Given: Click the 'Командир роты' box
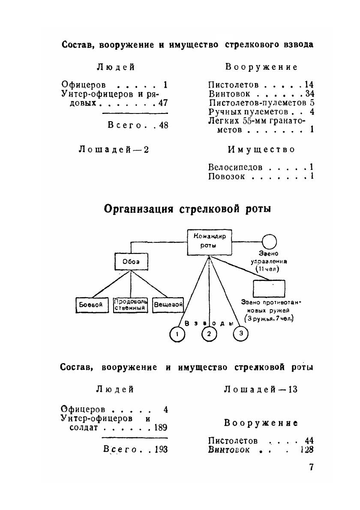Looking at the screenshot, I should point(210,242).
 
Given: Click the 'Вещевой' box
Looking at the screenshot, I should point(168,305).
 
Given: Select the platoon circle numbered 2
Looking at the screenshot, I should point(209,334).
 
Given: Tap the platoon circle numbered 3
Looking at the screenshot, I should point(241,334).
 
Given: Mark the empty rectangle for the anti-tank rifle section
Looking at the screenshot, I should point(269,288).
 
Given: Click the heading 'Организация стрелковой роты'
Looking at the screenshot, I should point(188,209).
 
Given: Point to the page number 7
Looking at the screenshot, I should point(311,467).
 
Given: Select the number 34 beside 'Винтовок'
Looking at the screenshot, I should point(310,94).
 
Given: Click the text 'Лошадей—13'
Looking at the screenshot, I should point(261,389).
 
